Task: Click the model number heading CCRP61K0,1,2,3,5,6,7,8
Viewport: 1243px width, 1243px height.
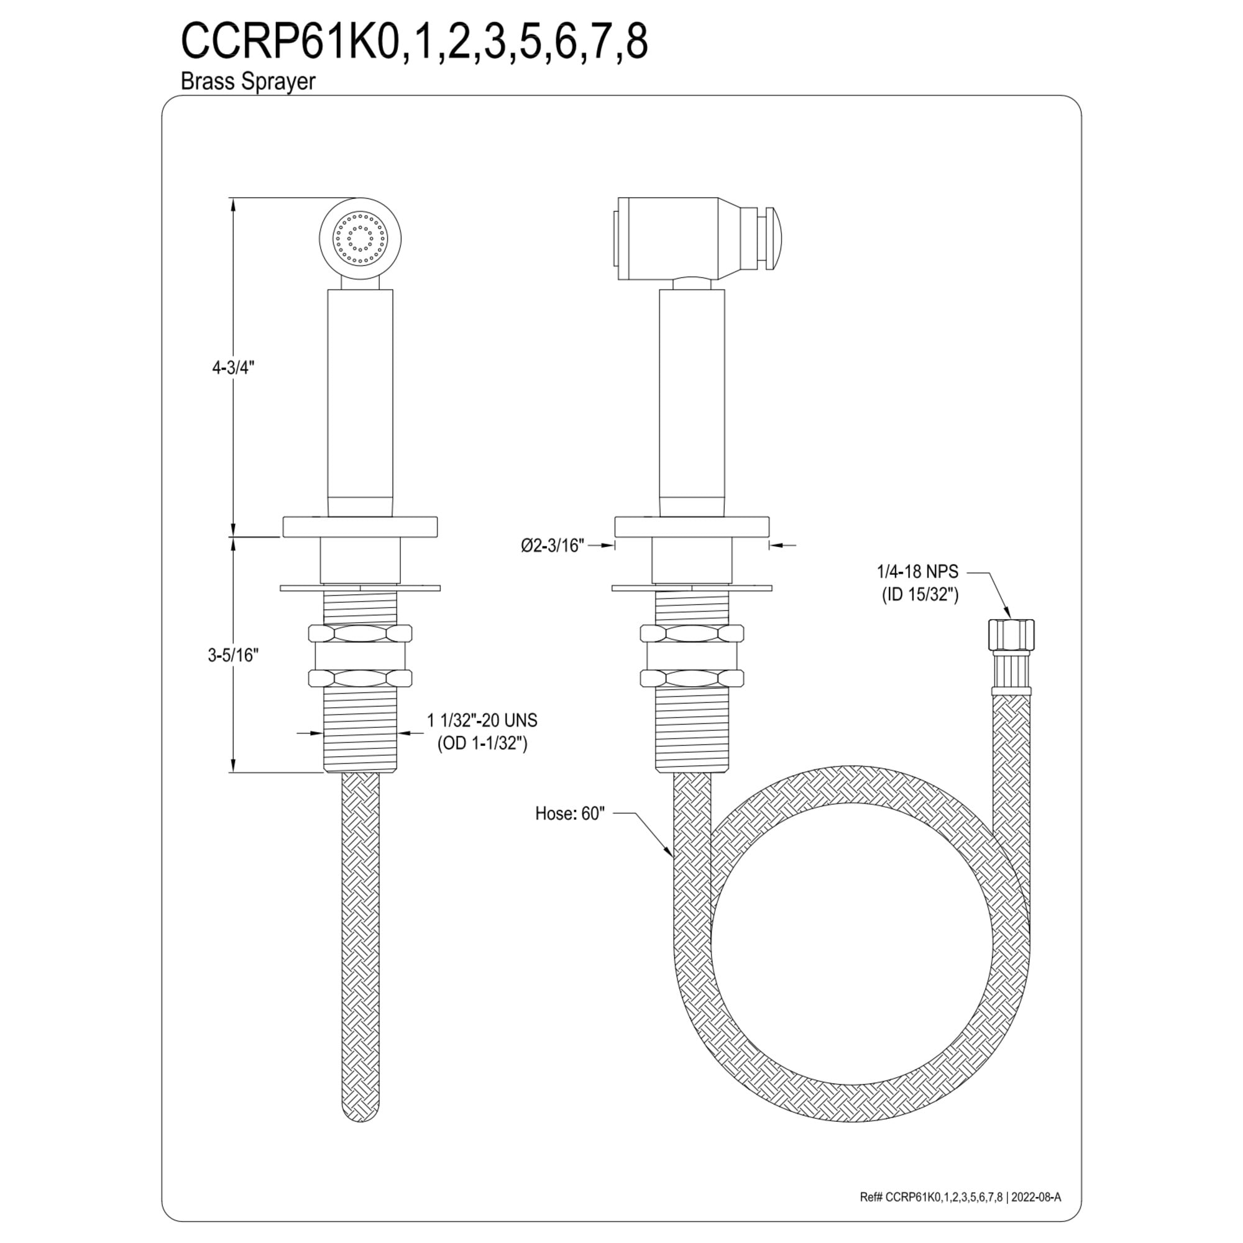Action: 414,42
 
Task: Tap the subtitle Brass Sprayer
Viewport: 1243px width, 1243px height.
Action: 248,81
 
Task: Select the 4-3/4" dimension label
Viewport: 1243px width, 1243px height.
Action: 234,367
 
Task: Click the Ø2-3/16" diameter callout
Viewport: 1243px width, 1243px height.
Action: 553,546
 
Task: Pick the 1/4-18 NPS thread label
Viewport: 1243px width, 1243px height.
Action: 917,571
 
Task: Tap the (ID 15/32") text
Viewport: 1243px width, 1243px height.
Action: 920,595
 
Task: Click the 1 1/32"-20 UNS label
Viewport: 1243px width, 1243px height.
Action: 482,720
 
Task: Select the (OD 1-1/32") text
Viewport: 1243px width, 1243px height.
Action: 482,744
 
